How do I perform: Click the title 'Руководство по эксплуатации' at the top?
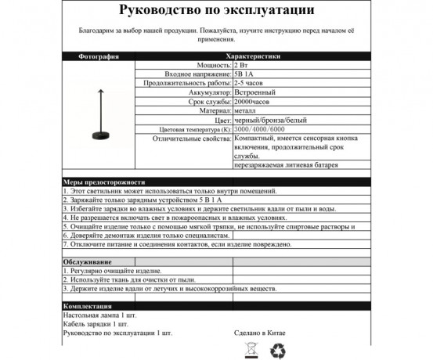tap(217, 12)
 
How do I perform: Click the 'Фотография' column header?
tap(99, 57)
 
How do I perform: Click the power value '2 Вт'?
tap(242, 66)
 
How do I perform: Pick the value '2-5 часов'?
tap(247, 82)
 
